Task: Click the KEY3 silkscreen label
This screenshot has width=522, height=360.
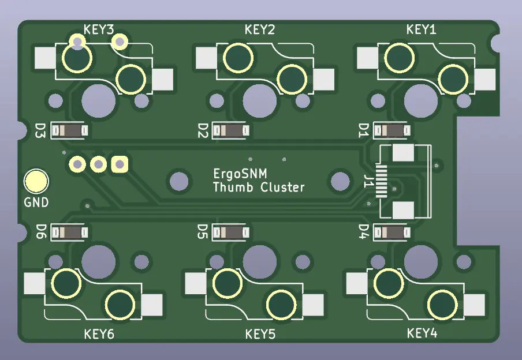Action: click(99, 29)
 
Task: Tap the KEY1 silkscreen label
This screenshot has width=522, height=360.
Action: click(421, 29)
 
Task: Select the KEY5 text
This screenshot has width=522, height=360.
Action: click(260, 334)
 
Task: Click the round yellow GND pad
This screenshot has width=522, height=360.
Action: click(36, 181)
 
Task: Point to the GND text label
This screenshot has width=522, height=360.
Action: click(36, 202)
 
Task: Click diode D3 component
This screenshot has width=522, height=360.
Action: click(69, 130)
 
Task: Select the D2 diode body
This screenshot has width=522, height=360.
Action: click(231, 130)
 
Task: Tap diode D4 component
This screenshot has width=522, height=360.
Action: click(392, 232)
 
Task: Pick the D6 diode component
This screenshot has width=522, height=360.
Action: click(69, 232)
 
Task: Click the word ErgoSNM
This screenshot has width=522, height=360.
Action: click(240, 173)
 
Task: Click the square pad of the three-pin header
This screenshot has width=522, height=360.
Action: click(120, 164)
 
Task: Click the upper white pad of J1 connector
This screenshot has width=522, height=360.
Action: click(403, 153)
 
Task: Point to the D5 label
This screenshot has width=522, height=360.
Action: click(202, 232)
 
